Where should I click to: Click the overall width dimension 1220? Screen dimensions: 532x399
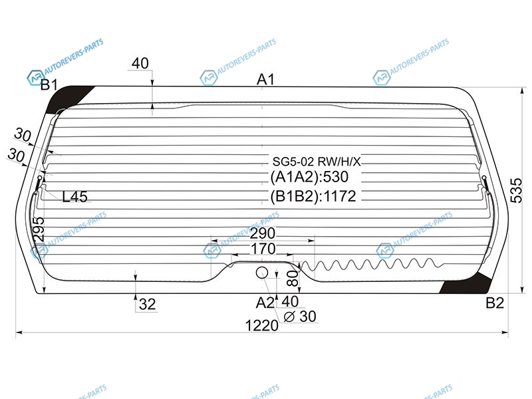261,326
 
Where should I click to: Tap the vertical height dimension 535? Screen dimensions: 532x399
516,190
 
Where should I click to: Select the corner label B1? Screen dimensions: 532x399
49,85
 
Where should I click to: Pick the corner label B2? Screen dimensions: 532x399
495,303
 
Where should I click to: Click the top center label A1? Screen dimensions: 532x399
265,79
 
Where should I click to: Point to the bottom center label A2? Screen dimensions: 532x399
265,303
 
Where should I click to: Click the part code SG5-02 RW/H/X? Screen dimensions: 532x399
317,162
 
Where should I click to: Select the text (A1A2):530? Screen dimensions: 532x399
309,177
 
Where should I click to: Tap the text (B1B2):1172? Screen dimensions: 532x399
313,196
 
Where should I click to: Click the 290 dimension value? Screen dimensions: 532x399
263,233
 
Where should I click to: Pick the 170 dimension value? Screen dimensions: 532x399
263,249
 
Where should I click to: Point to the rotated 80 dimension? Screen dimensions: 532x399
294,278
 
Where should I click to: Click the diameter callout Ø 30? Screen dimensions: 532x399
300,317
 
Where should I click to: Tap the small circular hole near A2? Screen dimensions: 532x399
261,273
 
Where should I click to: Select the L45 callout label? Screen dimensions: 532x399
74,196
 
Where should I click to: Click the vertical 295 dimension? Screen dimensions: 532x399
39,229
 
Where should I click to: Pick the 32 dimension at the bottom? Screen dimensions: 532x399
147,305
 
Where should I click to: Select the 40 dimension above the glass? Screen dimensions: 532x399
140,63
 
